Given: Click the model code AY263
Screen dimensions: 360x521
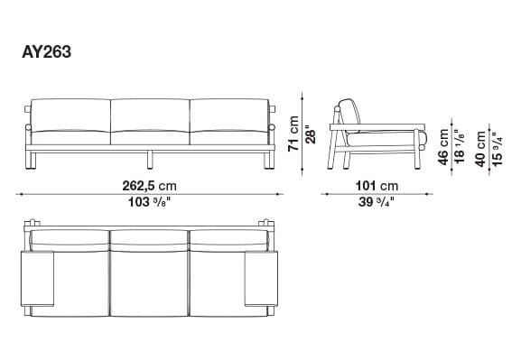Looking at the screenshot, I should [46, 51].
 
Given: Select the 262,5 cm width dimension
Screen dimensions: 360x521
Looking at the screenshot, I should [149, 187].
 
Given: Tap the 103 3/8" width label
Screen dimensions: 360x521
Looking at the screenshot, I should [149, 202].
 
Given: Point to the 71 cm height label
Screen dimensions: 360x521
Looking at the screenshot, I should [293, 134].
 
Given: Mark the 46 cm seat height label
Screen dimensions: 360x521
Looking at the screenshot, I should [443, 145].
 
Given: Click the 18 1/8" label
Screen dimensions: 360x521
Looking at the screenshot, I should [458, 145].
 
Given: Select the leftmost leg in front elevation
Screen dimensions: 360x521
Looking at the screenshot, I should [33, 162].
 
